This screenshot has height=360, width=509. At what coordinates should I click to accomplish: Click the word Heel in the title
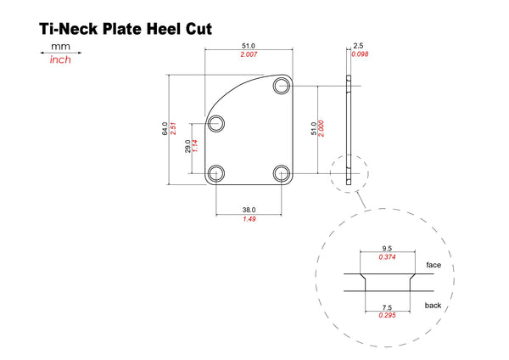coord(164,29)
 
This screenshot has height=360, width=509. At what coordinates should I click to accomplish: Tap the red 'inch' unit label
coord(60,59)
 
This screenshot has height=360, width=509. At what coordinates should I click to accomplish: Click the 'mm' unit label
coord(60,47)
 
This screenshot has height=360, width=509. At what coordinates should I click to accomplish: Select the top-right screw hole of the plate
coord(281,86)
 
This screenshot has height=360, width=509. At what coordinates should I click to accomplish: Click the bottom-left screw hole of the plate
coord(215,173)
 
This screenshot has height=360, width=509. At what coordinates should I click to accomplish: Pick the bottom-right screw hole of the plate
coord(281,173)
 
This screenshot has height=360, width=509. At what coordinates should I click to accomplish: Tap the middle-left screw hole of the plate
coord(215,123)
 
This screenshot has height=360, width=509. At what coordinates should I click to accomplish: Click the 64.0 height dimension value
coord(165,129)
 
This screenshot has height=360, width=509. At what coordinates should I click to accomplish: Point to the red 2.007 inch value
coord(249,54)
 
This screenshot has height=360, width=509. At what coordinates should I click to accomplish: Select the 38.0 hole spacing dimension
coord(249,210)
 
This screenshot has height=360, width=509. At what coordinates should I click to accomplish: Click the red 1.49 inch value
coord(249,219)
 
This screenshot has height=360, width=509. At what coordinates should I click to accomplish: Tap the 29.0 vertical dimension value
coord(187,146)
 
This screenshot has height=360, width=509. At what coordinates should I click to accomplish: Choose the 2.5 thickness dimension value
coord(358,46)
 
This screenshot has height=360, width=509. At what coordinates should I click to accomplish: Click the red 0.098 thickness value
coord(360,54)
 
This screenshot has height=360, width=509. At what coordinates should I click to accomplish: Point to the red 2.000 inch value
coord(321,129)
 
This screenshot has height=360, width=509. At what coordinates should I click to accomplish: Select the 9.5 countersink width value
coord(387,249)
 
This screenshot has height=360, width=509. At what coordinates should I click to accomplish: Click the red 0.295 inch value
coord(388,315)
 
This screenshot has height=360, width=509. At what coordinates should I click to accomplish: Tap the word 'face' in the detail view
coord(433,265)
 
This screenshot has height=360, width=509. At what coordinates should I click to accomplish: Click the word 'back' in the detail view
coord(433,305)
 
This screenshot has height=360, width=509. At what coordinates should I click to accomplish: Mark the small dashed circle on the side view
coord(350,173)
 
